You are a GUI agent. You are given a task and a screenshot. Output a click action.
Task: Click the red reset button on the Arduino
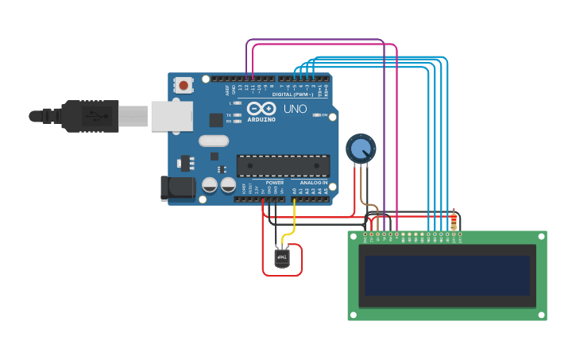pos(184,84)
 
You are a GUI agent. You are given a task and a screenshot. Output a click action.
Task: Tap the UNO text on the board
pos(295,109)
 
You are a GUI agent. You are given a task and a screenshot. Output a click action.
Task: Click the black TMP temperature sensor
pos(282,257)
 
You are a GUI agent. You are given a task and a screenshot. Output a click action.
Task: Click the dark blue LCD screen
pos(446,275)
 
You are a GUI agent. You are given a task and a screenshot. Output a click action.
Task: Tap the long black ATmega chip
pos(283,165)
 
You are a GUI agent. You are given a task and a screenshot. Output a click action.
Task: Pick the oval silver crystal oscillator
pos(214,141)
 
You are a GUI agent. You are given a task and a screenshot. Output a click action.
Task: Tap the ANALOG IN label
pos(313,183)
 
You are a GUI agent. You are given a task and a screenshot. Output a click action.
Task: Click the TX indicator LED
pos(237,115)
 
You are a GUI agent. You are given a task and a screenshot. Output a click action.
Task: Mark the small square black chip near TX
pos(216,120)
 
